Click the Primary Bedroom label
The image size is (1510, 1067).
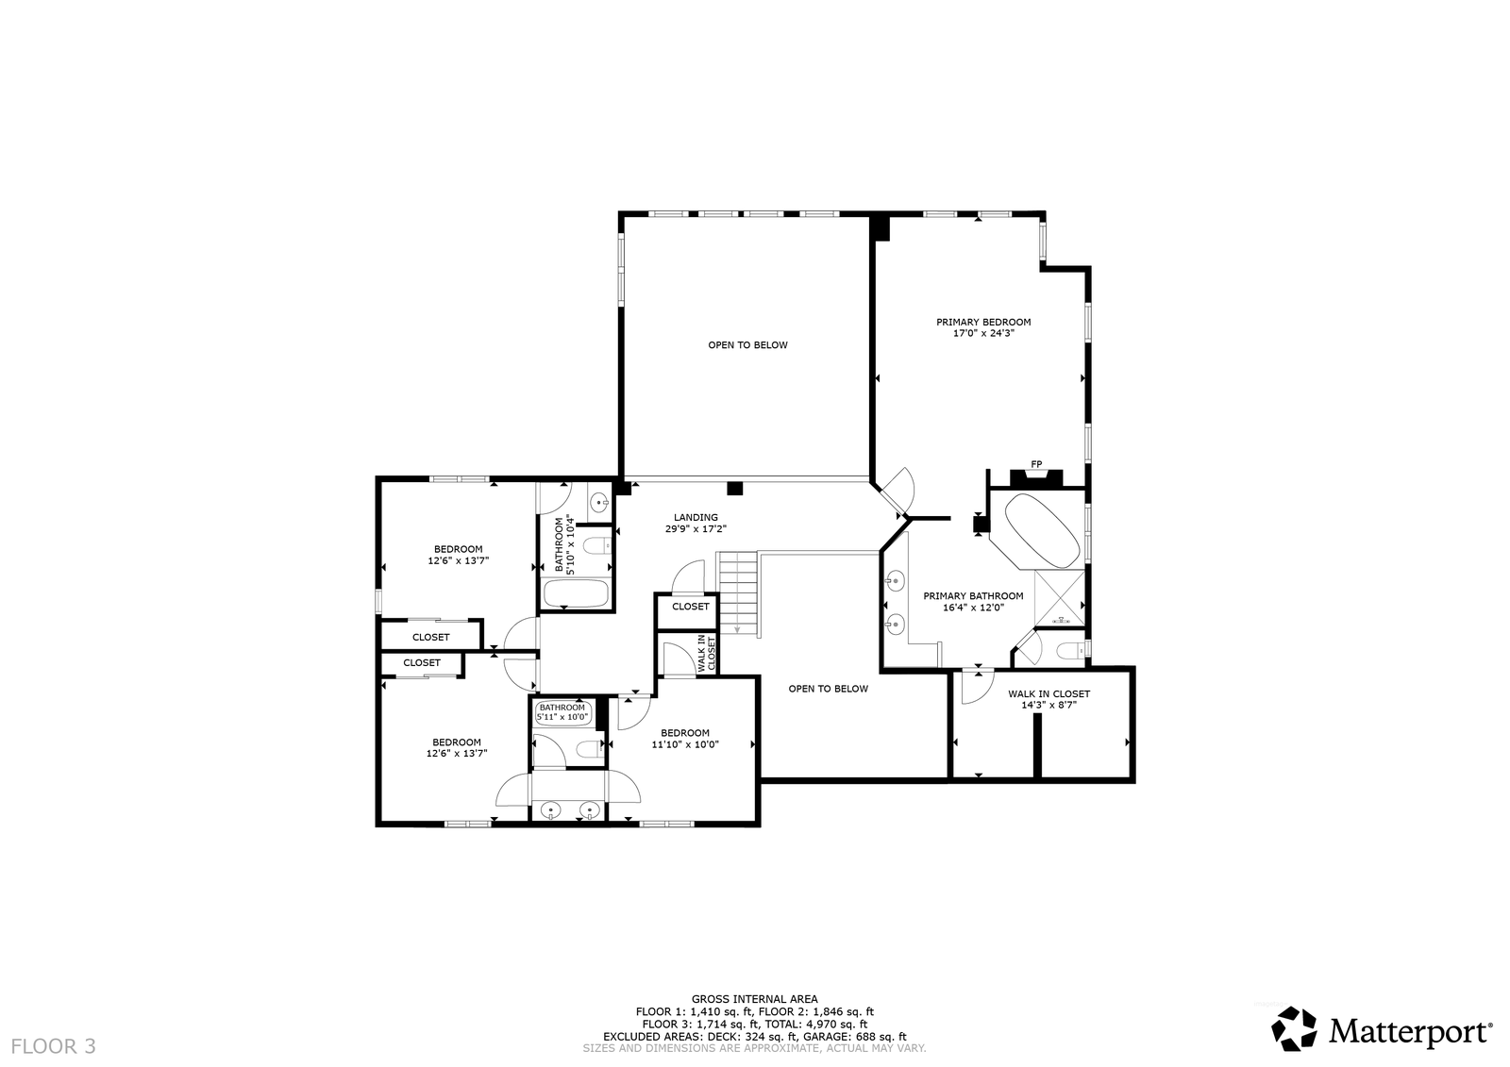point(983,323)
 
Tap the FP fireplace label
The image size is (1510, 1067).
point(1036,464)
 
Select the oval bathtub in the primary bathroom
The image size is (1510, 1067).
point(1042,531)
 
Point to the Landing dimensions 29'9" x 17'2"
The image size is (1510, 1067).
point(696,529)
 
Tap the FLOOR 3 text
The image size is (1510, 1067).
point(53,1047)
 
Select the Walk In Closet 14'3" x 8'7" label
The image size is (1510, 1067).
point(1049,699)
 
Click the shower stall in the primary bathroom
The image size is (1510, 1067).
point(1059,598)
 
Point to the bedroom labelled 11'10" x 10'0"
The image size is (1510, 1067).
point(685,739)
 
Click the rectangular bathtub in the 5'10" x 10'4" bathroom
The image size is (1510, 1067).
point(577,593)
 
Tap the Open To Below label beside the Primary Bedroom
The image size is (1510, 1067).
point(747,345)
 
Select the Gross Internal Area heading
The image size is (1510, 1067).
point(754,999)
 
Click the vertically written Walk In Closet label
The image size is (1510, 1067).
point(706,653)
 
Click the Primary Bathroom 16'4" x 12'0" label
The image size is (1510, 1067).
point(973,601)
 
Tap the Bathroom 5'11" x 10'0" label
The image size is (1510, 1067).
point(562,711)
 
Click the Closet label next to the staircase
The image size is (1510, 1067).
point(690,606)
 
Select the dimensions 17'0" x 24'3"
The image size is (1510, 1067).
point(983,333)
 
